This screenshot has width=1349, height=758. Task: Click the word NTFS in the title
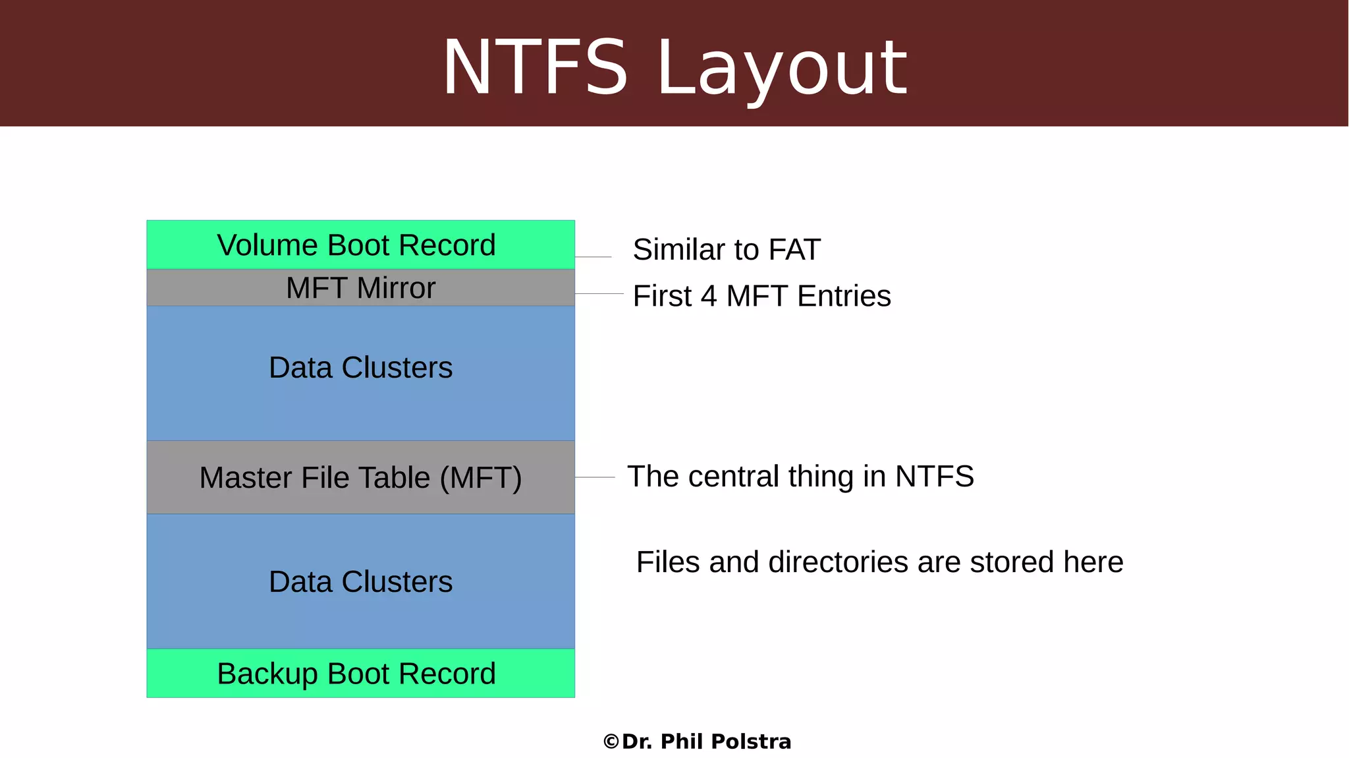(535, 67)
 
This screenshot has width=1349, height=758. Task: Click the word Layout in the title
(783, 69)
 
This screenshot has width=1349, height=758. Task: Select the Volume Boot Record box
(360, 245)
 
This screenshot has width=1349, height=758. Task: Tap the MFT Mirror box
(360, 288)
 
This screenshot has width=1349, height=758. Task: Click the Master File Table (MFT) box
(360, 477)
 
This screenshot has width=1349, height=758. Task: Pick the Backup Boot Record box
(360, 674)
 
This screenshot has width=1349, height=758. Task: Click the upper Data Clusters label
(360, 368)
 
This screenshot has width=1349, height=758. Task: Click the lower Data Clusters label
(360, 582)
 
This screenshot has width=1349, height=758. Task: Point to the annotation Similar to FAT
(727, 250)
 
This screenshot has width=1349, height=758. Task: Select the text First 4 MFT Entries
(761, 296)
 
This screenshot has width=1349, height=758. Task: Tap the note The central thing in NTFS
(800, 477)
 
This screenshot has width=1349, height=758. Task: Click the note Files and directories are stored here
(879, 562)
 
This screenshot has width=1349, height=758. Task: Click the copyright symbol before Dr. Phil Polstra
(611, 742)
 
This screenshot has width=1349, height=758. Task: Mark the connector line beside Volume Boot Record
(593, 257)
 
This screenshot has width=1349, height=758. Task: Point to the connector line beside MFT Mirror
(599, 293)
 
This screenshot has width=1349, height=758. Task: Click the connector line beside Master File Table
(595, 477)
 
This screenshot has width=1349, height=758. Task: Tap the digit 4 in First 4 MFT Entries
(709, 297)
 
